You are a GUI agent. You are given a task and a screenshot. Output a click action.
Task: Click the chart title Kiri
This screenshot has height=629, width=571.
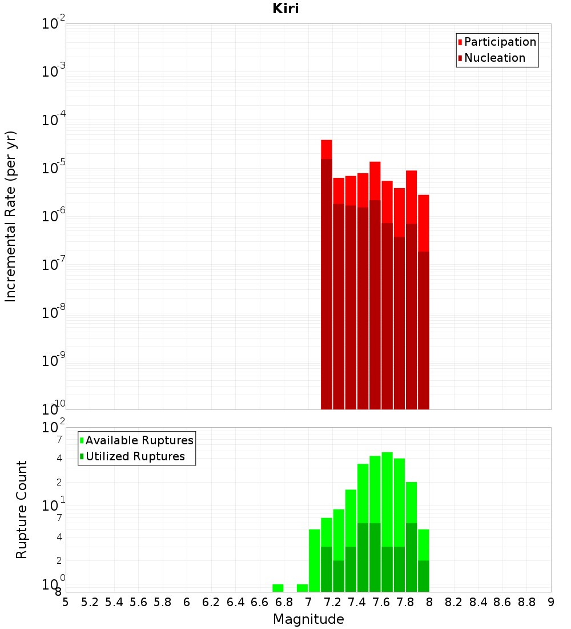point(285,9)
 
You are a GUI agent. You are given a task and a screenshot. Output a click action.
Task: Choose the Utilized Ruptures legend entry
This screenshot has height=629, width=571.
point(135,456)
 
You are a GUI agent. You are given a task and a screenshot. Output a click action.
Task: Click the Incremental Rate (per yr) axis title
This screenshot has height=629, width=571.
point(11,217)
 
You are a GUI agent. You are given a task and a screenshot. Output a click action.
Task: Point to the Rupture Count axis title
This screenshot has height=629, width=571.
point(22,509)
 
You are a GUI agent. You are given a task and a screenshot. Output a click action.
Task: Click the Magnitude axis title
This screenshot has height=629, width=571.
point(308,619)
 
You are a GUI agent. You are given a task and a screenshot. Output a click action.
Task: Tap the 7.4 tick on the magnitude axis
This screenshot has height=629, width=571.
point(357,602)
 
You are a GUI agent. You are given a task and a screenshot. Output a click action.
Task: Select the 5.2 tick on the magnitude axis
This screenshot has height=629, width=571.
point(90,602)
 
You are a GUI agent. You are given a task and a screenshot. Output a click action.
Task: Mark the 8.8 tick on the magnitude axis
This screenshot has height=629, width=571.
point(526,602)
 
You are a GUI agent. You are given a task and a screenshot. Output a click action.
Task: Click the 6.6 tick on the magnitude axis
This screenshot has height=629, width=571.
point(260,602)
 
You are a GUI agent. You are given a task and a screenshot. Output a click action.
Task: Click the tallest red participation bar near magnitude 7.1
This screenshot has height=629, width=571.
point(326,149)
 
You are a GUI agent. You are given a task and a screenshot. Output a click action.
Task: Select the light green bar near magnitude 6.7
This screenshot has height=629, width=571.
point(278,588)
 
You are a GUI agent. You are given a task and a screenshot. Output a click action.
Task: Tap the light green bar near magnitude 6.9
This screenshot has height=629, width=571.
point(302,588)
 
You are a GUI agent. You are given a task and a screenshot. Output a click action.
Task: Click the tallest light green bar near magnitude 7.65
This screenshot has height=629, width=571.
point(387,497)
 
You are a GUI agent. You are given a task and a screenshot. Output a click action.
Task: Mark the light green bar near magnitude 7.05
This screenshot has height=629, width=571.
point(314,560)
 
